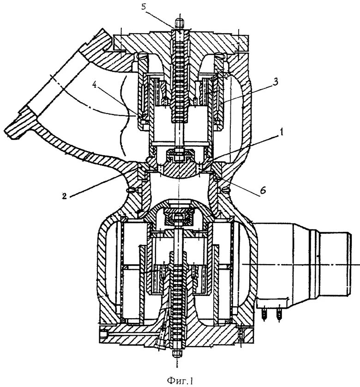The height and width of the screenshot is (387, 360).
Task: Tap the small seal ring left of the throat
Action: click(132, 188)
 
